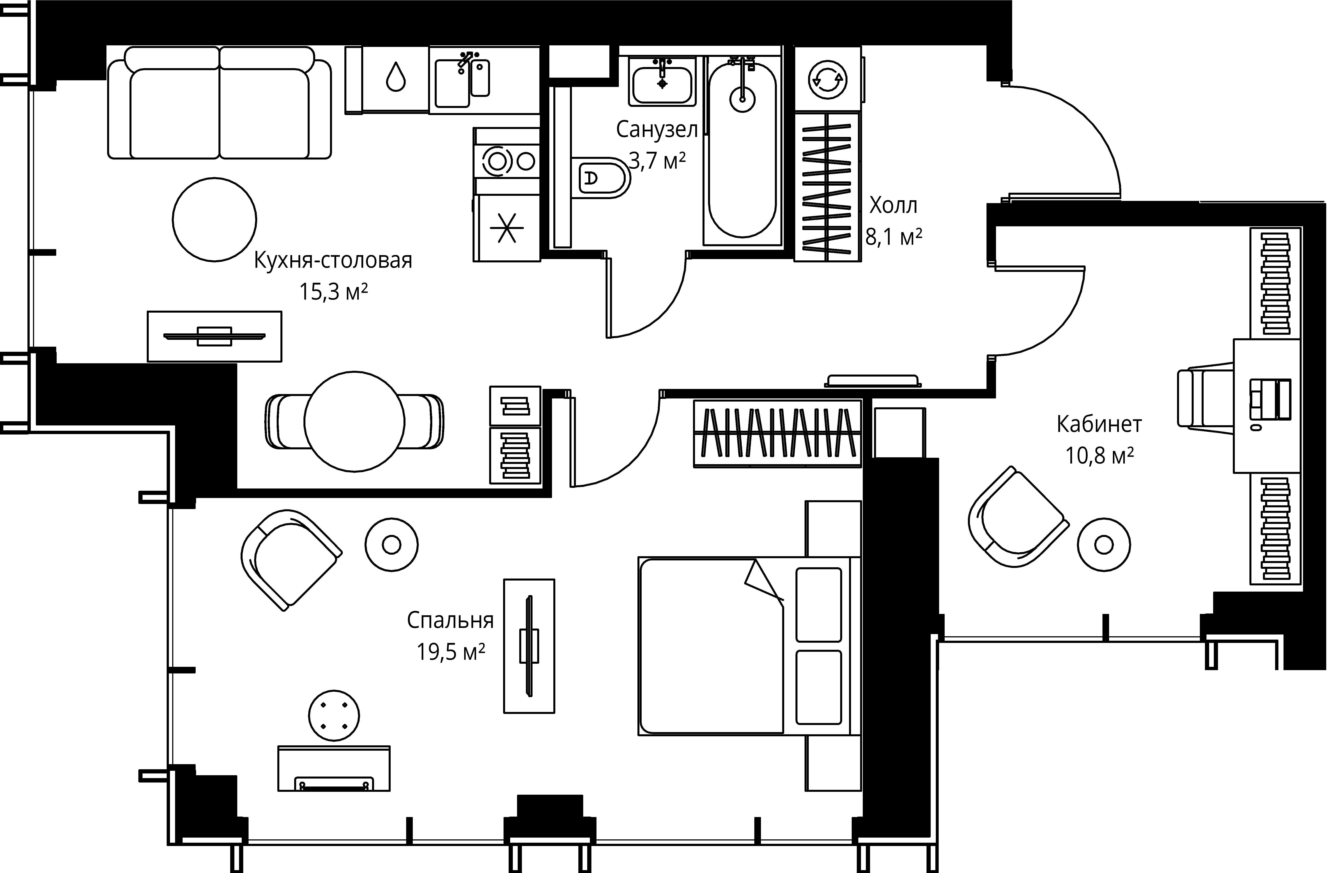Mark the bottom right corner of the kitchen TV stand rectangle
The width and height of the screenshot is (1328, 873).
[281, 362]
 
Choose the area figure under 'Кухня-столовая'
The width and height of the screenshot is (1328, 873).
[334, 292]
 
